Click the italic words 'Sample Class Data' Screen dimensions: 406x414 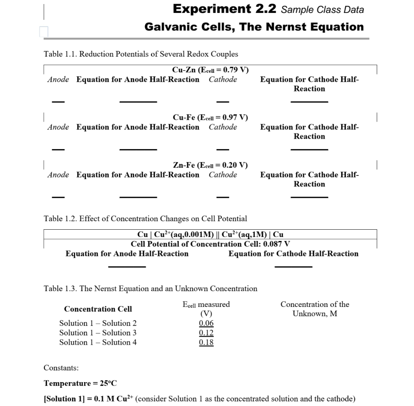[322, 10]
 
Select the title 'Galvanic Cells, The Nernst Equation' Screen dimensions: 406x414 [254, 27]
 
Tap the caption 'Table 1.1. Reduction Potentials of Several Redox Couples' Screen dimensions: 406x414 [141, 54]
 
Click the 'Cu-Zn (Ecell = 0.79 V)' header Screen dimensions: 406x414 [210, 70]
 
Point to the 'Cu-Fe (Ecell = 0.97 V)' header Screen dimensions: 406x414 [210, 118]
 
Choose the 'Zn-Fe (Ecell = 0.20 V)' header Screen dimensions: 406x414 [210, 165]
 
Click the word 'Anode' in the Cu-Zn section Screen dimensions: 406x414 [58, 80]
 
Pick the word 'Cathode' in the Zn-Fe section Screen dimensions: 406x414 [223, 175]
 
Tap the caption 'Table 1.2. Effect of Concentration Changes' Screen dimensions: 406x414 [145, 219]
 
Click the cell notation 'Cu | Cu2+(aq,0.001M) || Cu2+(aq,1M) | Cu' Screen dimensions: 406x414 [210, 235]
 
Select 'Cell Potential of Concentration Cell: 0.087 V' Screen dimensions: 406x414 [210, 244]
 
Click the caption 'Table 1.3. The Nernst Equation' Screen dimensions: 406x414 [150, 289]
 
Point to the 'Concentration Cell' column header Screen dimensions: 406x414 [98, 309]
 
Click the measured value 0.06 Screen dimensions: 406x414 [206, 323]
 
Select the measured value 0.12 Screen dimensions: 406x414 [206, 333]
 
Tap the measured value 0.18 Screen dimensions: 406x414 [206, 343]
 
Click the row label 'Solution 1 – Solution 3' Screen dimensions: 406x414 [98, 333]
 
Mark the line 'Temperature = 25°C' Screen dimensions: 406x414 [80, 383]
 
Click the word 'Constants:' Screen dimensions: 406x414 [61, 368]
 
